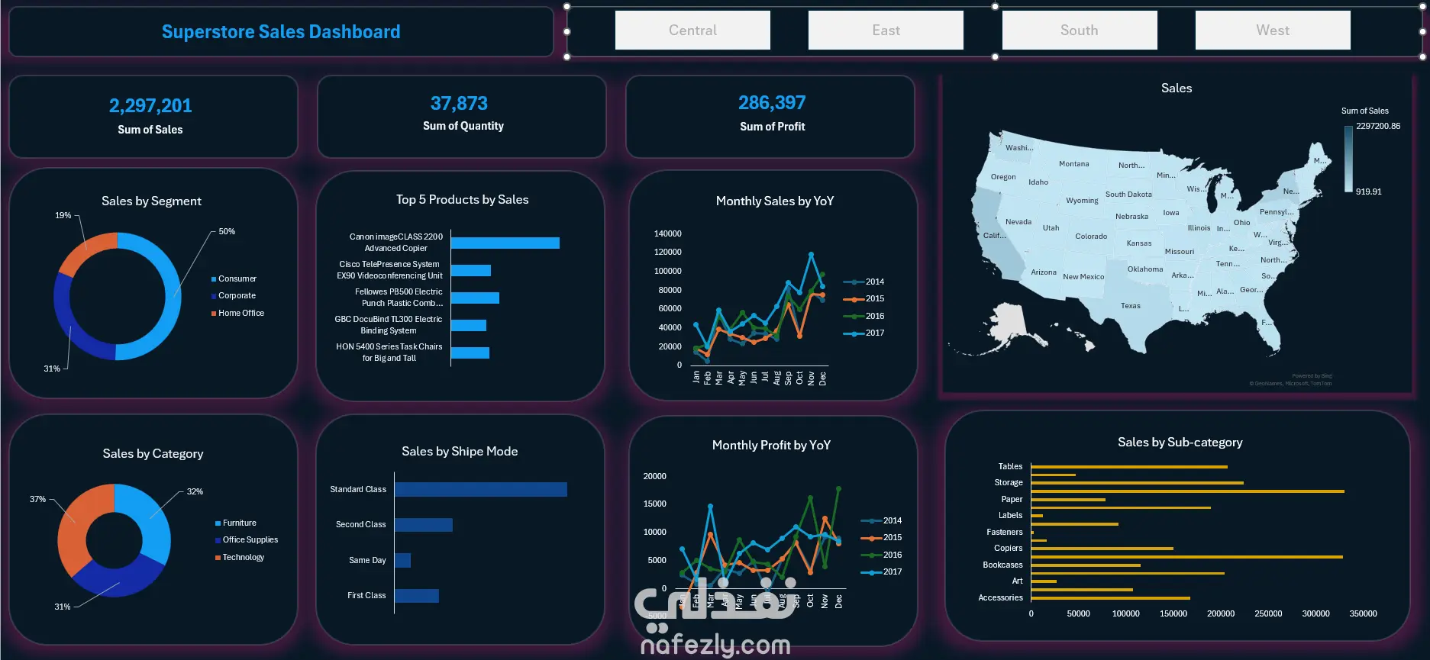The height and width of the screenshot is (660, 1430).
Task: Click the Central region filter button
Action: (692, 31)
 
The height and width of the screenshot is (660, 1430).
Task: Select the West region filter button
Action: (1272, 31)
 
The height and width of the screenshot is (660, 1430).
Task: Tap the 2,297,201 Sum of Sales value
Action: (150, 105)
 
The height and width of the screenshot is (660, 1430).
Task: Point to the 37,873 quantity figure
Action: (459, 103)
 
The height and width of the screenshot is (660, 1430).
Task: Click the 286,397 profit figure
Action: (772, 102)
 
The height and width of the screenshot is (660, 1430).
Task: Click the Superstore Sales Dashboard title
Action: (281, 32)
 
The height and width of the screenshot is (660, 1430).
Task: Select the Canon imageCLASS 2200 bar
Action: (505, 243)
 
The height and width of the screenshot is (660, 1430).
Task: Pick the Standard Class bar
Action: (480, 490)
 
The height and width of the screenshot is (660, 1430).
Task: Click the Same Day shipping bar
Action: (403, 561)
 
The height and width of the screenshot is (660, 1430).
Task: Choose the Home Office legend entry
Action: (240, 313)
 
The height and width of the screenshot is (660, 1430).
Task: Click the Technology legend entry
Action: (243, 557)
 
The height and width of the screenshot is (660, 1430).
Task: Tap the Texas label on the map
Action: (1131, 306)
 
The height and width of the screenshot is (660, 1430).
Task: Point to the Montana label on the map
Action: (1073, 164)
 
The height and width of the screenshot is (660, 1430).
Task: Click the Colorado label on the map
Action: (1091, 237)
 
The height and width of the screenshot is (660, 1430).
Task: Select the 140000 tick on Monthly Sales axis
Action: (667, 233)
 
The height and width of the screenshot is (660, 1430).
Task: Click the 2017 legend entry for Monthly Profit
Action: (892, 571)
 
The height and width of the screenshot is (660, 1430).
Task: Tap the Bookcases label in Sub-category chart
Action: (1002, 565)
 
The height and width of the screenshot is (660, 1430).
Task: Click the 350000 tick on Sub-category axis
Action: (1363, 613)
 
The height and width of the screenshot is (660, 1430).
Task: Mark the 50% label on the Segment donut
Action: (227, 231)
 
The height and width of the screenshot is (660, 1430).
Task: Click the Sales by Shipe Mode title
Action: (460, 452)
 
